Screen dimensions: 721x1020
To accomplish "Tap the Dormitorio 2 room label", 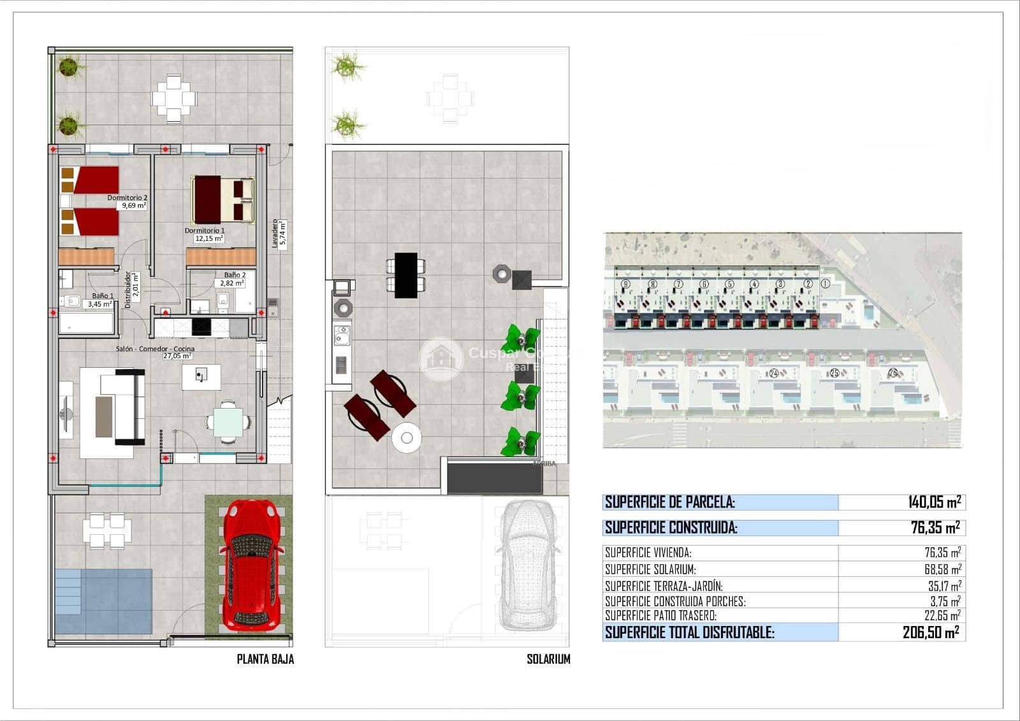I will pyautogui.click(x=127, y=198).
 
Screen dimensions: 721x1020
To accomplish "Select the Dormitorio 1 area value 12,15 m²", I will pyautogui.click(x=208, y=238).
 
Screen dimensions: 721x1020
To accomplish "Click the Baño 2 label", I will pyautogui.click(x=235, y=275).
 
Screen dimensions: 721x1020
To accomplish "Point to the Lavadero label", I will pyautogui.click(x=275, y=233).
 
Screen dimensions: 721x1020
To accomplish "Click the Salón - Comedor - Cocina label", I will pyautogui.click(x=155, y=349).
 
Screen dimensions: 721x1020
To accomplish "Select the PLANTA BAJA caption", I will pyautogui.click(x=265, y=659).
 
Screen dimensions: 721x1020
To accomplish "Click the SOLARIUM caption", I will pyautogui.click(x=548, y=659).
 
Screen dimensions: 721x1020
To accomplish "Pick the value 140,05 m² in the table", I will pyautogui.click(x=934, y=502).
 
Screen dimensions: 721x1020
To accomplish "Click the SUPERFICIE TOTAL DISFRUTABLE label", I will pyautogui.click(x=689, y=632).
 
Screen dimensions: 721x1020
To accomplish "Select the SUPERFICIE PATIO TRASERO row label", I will pyautogui.click(x=660, y=616).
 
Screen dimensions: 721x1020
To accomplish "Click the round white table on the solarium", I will pyautogui.click(x=406, y=438).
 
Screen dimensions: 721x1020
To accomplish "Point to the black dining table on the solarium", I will pyautogui.click(x=406, y=275).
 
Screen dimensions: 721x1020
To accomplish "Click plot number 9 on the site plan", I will pyautogui.click(x=625, y=284).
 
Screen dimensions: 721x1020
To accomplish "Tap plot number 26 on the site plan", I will pyautogui.click(x=892, y=372).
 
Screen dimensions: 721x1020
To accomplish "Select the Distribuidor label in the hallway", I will pyautogui.click(x=127, y=290).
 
